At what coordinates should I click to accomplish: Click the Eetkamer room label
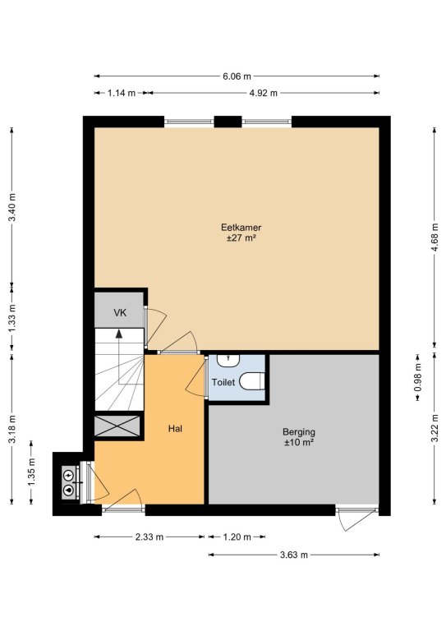pos(241,228)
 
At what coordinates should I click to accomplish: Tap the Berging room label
pos(299,432)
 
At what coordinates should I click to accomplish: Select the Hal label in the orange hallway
pos(175,429)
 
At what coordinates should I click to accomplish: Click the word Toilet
pos(223,382)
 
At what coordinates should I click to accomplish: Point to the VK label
pos(120,313)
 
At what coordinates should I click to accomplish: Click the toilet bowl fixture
pos(252,381)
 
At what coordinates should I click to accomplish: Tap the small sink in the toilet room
pos(228,360)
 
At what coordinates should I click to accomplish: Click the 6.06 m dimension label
pos(237,76)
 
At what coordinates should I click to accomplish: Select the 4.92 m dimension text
pos(264,94)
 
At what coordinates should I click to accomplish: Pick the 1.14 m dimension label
pos(122,94)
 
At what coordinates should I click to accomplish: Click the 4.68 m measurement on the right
pos(435,237)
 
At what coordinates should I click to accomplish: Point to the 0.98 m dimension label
pos(418,377)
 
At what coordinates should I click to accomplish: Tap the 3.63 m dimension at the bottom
pos(294,555)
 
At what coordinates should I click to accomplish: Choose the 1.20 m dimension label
pos(237,537)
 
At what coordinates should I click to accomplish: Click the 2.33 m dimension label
pos(149,537)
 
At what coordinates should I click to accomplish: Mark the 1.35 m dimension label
pos(32,472)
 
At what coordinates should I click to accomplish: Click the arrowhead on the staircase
pos(118,334)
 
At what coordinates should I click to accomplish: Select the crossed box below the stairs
pos(117,426)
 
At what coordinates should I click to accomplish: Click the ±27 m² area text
pos(241,237)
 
